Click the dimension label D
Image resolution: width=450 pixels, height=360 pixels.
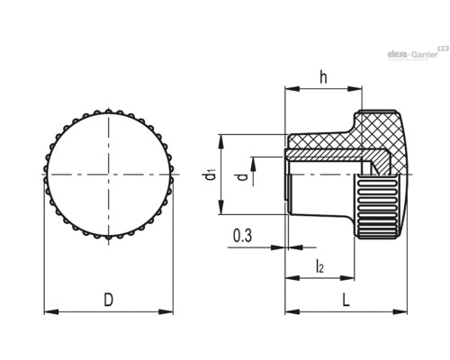click(109, 300)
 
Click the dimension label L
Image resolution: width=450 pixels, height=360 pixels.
click(346, 300)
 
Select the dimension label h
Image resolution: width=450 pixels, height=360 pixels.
click(323, 76)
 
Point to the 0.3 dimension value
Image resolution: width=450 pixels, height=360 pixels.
click(242, 235)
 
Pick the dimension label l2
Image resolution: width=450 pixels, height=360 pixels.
click(319, 266)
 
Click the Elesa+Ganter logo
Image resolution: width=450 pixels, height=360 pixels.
click(418, 53)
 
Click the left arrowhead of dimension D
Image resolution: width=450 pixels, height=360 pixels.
click(51, 312)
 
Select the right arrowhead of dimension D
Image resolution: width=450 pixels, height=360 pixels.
click(166, 312)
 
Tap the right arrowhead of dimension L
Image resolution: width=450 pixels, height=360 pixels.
click(400, 312)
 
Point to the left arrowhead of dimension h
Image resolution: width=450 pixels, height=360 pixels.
click(292, 88)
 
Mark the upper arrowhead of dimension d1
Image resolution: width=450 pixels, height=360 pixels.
click(220, 141)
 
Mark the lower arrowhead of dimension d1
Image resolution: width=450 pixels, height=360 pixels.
click(220, 207)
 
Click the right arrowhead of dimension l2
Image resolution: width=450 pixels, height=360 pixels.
click(347, 278)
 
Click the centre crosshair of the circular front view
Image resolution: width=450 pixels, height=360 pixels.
click(109, 175)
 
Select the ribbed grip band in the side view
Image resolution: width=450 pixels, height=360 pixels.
click(377, 207)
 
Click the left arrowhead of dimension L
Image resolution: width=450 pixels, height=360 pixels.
click(292, 312)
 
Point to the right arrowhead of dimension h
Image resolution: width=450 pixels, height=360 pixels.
click(355, 88)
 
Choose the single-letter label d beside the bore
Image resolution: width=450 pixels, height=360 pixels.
click(242, 176)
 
